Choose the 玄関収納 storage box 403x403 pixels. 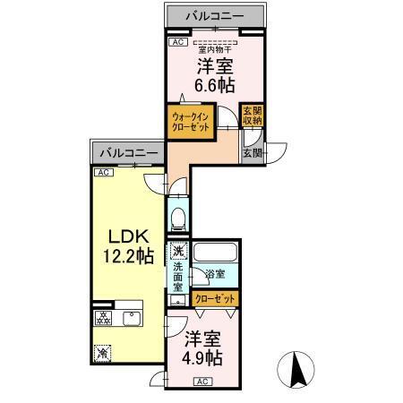click(x=253, y=116)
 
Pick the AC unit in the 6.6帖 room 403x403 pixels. click(x=177, y=41)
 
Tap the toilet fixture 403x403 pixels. click(x=176, y=218)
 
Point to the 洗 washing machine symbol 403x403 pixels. click(x=178, y=252)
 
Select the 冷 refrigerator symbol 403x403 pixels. click(x=102, y=355)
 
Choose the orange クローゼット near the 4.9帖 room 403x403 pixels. click(x=216, y=297)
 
